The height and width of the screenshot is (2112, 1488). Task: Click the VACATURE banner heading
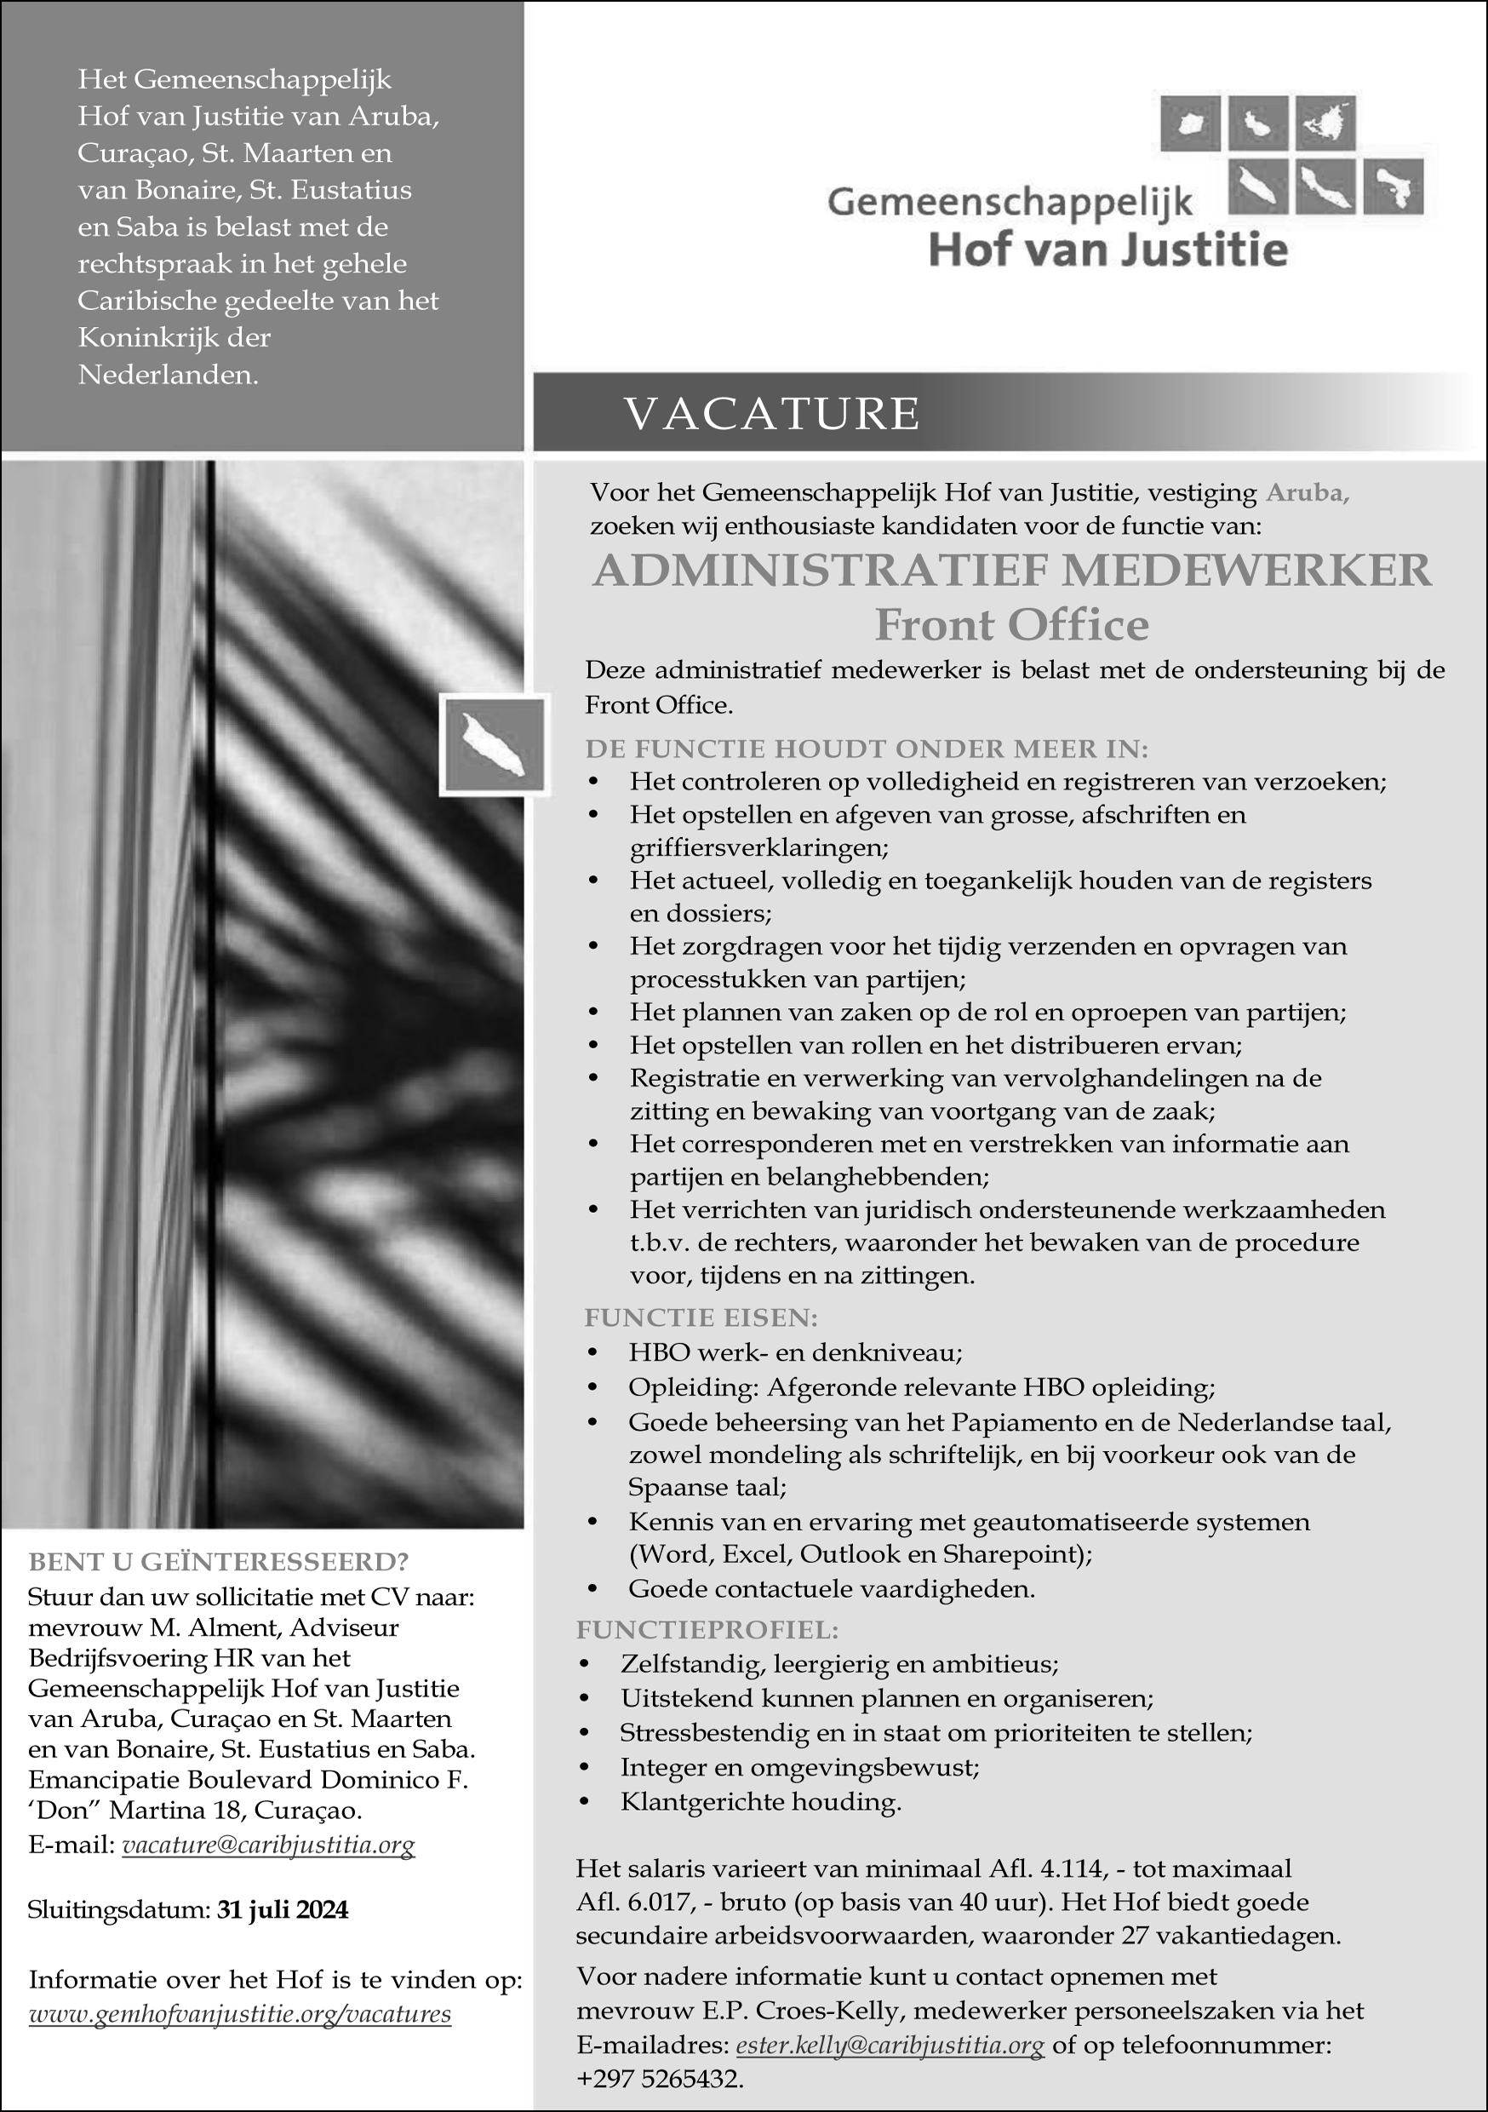click(771, 413)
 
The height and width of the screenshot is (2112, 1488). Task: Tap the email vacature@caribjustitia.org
click(268, 1845)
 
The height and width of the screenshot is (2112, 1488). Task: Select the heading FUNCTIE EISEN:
click(701, 1318)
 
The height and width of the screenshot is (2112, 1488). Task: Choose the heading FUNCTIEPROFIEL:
click(707, 1630)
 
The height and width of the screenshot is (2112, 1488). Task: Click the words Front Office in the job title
click(1011, 625)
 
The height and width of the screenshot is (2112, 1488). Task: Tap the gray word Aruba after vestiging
click(1307, 493)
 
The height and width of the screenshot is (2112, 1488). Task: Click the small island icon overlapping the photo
click(494, 744)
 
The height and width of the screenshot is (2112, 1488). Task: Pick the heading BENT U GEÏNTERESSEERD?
click(218, 1562)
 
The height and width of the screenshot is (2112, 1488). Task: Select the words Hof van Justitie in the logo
click(1107, 250)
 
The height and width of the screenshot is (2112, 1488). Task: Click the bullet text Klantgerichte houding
click(760, 1801)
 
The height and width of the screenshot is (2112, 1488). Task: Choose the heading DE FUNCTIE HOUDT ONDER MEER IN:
click(867, 749)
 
